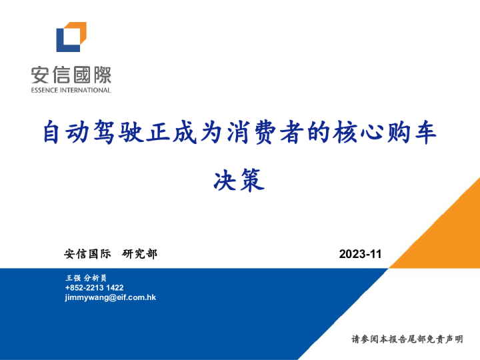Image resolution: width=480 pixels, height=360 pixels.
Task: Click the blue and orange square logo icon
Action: [x=71, y=37]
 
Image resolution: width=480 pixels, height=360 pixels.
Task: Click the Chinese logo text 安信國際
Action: [x=71, y=74]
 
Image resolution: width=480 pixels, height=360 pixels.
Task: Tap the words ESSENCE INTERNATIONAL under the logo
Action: [x=71, y=90]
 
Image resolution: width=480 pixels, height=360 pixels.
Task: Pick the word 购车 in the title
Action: [x=413, y=133]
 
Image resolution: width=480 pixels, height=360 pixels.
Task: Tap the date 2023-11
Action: [x=360, y=254]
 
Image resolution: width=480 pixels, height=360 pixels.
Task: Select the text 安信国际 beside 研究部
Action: [x=87, y=254]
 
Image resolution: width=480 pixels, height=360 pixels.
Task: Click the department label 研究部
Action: [x=140, y=254]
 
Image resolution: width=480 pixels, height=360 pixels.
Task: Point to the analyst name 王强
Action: [x=73, y=277]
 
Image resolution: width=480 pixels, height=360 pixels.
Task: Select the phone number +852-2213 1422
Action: [x=94, y=287]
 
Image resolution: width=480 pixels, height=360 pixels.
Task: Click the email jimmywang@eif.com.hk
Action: [x=110, y=297]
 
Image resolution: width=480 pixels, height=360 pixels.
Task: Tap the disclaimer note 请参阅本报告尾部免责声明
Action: [x=407, y=340]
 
